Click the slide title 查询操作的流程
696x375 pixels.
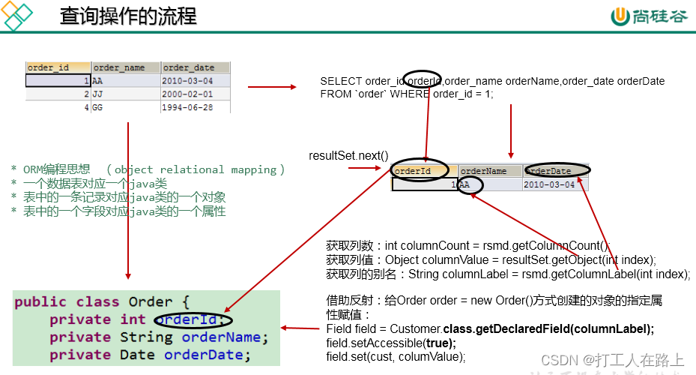[128, 16]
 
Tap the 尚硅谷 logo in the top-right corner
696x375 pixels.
[649, 16]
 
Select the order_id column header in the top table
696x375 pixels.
[58, 67]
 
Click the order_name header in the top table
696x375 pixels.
[125, 67]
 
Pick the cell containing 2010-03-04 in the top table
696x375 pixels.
[187, 81]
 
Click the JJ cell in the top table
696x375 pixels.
[98, 94]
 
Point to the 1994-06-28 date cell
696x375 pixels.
[187, 107]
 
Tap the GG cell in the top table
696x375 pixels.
[98, 107]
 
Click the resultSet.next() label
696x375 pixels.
[349, 156]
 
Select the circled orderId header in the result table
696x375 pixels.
[420, 171]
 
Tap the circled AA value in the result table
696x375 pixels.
[470, 184]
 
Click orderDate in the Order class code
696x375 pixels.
[208, 355]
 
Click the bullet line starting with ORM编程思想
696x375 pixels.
[148, 170]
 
